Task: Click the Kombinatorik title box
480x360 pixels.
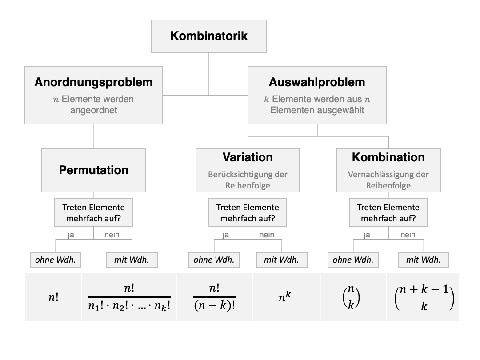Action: pos(209,36)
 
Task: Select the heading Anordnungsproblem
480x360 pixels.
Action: pos(93,82)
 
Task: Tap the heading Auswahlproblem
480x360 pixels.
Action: pos(317,82)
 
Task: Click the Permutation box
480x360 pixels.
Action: pos(94,171)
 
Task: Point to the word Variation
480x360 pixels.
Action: pos(248,157)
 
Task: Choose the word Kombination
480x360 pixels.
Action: pos(388,157)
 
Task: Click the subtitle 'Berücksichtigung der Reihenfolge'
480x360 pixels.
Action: pos(248,180)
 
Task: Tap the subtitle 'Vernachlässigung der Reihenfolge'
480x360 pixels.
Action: pos(388,180)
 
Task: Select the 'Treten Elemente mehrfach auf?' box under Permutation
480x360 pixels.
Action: pos(93,212)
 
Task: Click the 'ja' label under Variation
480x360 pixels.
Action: pos(226,235)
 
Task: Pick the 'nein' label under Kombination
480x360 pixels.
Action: pos(408,235)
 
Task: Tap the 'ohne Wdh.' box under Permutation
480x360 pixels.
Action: pos(56,260)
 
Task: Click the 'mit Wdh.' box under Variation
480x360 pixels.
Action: pos(281,260)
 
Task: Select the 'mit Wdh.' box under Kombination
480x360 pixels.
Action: pos(424,260)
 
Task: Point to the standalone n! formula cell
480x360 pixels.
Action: pos(53,297)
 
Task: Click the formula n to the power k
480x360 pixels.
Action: pos(284,296)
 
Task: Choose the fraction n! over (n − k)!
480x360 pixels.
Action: pos(214,296)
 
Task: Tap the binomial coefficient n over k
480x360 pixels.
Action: pos(351,296)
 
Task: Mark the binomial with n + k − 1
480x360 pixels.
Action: pos(424,297)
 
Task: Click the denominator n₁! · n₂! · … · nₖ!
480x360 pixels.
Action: pos(129,306)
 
